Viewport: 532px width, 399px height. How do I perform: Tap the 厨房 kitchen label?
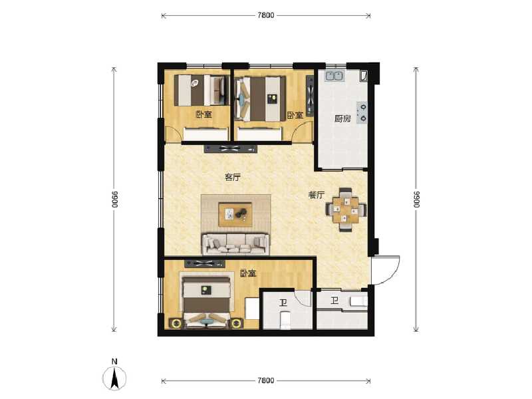click(x=342, y=120)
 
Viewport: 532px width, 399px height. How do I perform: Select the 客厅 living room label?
click(x=233, y=178)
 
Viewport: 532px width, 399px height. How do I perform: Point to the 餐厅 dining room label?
click(x=316, y=196)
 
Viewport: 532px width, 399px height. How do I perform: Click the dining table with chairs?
click(x=345, y=208)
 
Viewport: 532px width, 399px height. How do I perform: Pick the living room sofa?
click(x=235, y=243)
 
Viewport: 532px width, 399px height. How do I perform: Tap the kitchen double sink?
click(x=334, y=75)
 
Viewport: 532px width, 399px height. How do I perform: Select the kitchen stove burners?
click(x=362, y=113)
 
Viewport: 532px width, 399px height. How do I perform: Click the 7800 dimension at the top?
click(x=266, y=15)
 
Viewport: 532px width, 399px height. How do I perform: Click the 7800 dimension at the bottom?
click(x=266, y=380)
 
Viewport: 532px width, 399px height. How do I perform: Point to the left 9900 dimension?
click(x=114, y=199)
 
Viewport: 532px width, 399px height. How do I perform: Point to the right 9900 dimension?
click(x=417, y=199)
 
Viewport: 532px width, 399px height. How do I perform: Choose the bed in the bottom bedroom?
click(x=206, y=303)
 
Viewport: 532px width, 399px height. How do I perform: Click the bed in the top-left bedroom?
click(x=198, y=90)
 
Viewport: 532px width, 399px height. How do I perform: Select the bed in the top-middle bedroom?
click(x=261, y=98)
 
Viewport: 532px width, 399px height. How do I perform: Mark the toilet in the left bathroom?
click(x=285, y=321)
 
